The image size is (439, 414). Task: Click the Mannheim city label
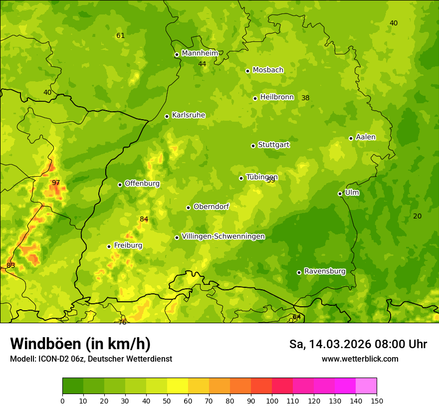point(200,53)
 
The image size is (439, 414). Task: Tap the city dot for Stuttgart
point(253,146)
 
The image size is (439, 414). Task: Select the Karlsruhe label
point(188,115)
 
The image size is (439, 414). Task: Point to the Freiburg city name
point(128,245)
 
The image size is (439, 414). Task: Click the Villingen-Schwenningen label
point(223,236)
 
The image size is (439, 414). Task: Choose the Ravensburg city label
point(325,271)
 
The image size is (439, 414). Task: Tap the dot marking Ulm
point(340,194)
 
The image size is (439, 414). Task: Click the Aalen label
point(366,137)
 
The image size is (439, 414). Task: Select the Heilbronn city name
point(277,97)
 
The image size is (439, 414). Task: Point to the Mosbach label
point(268,70)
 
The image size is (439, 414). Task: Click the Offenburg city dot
point(120,185)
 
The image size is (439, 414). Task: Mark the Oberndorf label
point(211,207)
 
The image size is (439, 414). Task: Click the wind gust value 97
point(56,183)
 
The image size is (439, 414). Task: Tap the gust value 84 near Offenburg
point(144,219)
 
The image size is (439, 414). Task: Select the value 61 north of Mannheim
point(120,36)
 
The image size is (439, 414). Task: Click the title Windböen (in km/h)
point(80,344)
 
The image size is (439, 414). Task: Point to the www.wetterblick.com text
point(360,359)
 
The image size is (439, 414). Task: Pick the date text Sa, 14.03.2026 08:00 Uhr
point(358,344)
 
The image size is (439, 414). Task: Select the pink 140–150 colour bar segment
point(366,386)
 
